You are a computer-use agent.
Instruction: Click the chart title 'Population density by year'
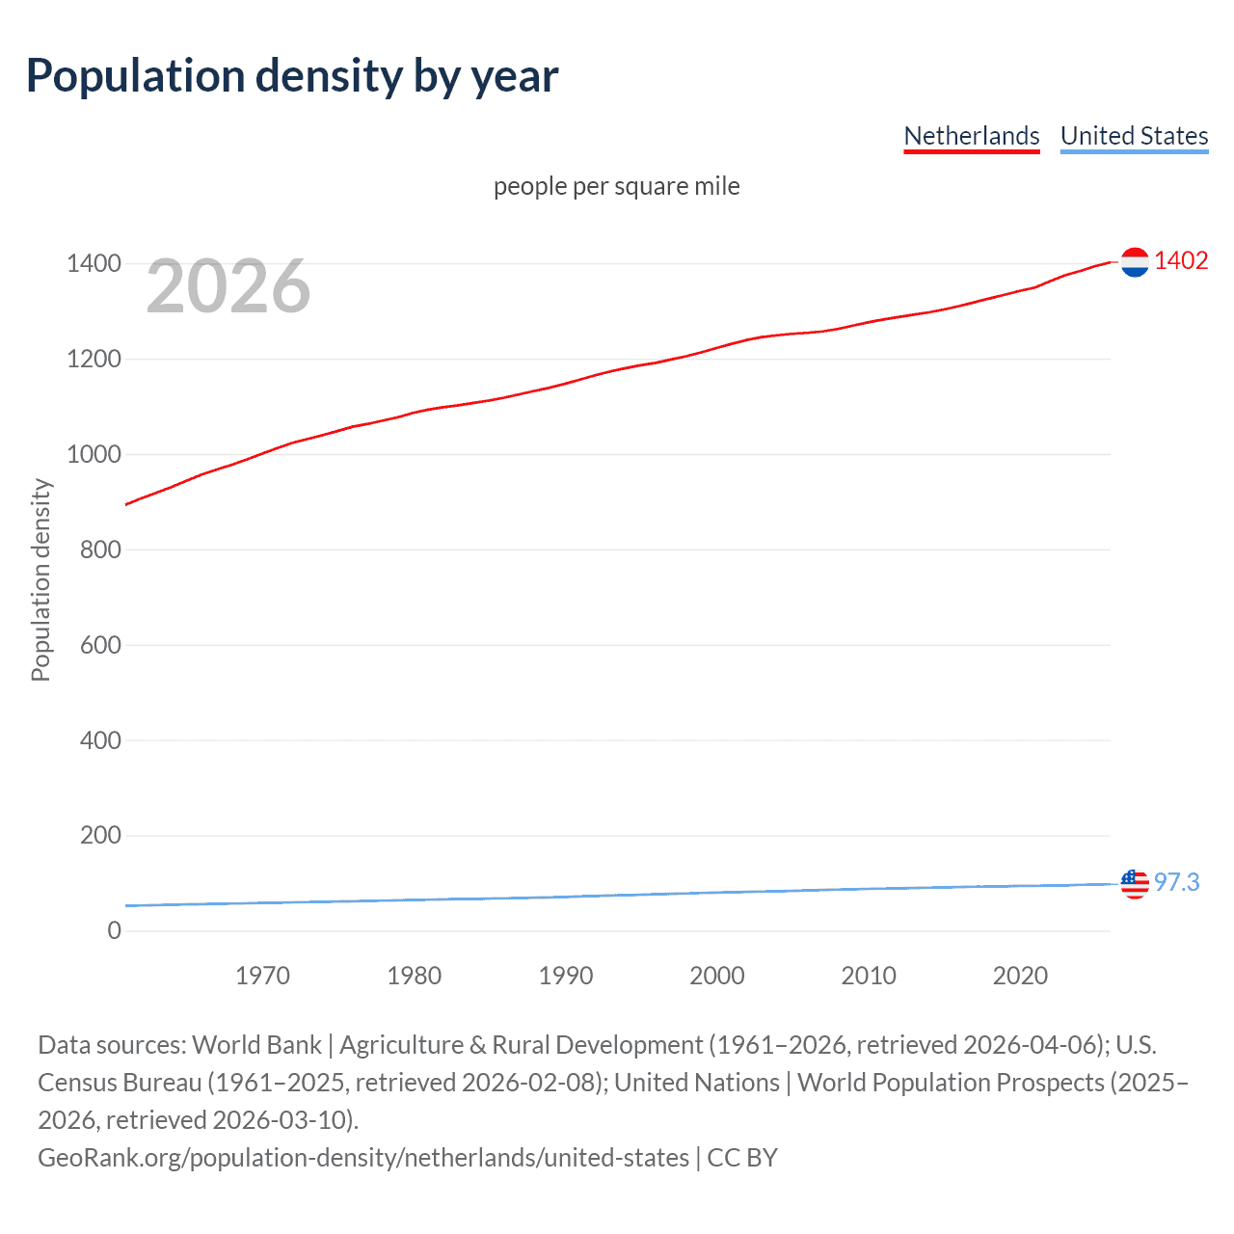[x=292, y=76]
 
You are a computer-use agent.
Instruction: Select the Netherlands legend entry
[x=971, y=136]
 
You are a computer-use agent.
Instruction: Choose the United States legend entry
[x=1134, y=136]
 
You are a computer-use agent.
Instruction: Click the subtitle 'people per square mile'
[x=616, y=186]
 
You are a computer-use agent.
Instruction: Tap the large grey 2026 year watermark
[x=228, y=286]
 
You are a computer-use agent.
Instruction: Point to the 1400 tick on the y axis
[x=94, y=264]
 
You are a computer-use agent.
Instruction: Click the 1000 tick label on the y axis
[x=94, y=454]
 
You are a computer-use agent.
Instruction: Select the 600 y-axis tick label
[x=100, y=645]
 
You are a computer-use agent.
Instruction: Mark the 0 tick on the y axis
[x=114, y=930]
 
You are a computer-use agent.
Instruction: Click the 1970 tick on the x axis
[x=262, y=976]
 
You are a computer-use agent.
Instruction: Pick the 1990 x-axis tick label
[x=566, y=976]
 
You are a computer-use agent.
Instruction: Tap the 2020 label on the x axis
[x=1020, y=976]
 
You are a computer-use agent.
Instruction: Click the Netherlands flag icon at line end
[x=1135, y=261]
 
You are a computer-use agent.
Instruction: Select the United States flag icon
[x=1135, y=883]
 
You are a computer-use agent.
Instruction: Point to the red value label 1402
[x=1181, y=261]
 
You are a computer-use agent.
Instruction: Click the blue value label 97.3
[x=1177, y=883]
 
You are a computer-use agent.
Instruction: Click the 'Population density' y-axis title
[x=40, y=580]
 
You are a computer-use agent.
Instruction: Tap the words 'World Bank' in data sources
[x=256, y=1045]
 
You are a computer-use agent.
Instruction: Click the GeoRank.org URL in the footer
[x=363, y=1158]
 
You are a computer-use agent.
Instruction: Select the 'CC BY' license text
[x=742, y=1158]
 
